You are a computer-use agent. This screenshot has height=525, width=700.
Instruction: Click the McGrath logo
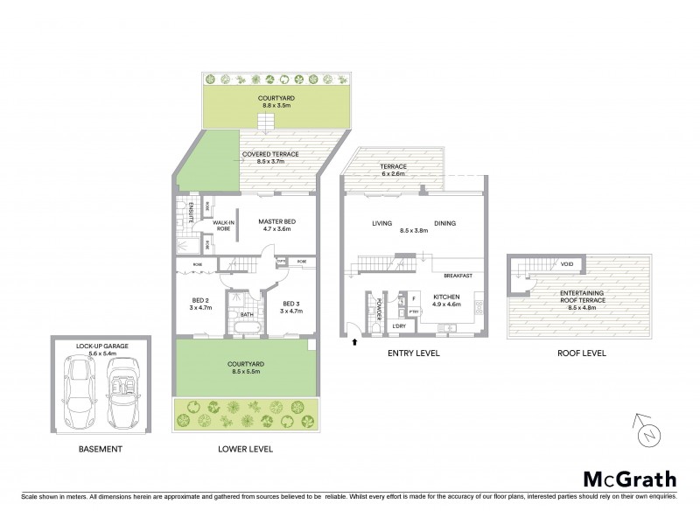629,479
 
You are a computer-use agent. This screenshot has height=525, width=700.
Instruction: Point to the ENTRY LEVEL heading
414,353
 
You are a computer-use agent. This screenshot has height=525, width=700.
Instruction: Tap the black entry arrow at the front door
353,342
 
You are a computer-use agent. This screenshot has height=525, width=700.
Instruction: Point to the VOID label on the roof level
568,263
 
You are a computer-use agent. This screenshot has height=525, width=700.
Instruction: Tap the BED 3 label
291,304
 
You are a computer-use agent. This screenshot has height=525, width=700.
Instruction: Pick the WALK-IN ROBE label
222,229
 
